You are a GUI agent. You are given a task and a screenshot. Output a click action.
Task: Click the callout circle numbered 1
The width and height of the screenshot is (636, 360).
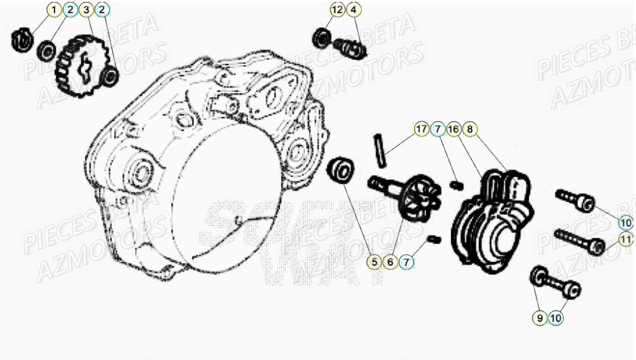54,10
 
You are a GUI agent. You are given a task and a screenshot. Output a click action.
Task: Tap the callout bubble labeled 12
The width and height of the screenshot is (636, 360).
337,10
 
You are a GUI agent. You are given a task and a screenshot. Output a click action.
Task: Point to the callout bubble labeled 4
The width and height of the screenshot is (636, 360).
353,10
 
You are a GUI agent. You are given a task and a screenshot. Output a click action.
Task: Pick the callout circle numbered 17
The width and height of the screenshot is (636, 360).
421,129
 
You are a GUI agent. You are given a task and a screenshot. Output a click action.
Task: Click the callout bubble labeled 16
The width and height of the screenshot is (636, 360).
453,129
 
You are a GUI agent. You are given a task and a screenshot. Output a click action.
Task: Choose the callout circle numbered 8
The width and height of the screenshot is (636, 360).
469,129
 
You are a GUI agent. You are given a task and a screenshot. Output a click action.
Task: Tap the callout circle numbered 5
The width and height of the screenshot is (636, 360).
374,261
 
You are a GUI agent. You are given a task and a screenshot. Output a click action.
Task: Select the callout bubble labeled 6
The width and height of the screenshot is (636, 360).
390,261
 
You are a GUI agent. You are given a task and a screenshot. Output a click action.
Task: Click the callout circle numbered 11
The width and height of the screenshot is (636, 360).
626,240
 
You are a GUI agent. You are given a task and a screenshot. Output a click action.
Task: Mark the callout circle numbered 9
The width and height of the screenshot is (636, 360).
540,319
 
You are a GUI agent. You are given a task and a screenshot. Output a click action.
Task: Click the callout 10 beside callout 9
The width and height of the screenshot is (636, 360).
556,319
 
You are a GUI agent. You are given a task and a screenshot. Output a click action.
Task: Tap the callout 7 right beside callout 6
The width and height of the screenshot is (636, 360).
407,261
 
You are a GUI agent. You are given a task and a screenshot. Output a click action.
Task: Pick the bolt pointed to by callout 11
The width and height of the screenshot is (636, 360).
578,241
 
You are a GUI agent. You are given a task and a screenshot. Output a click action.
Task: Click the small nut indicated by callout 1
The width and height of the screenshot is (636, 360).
21,39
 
